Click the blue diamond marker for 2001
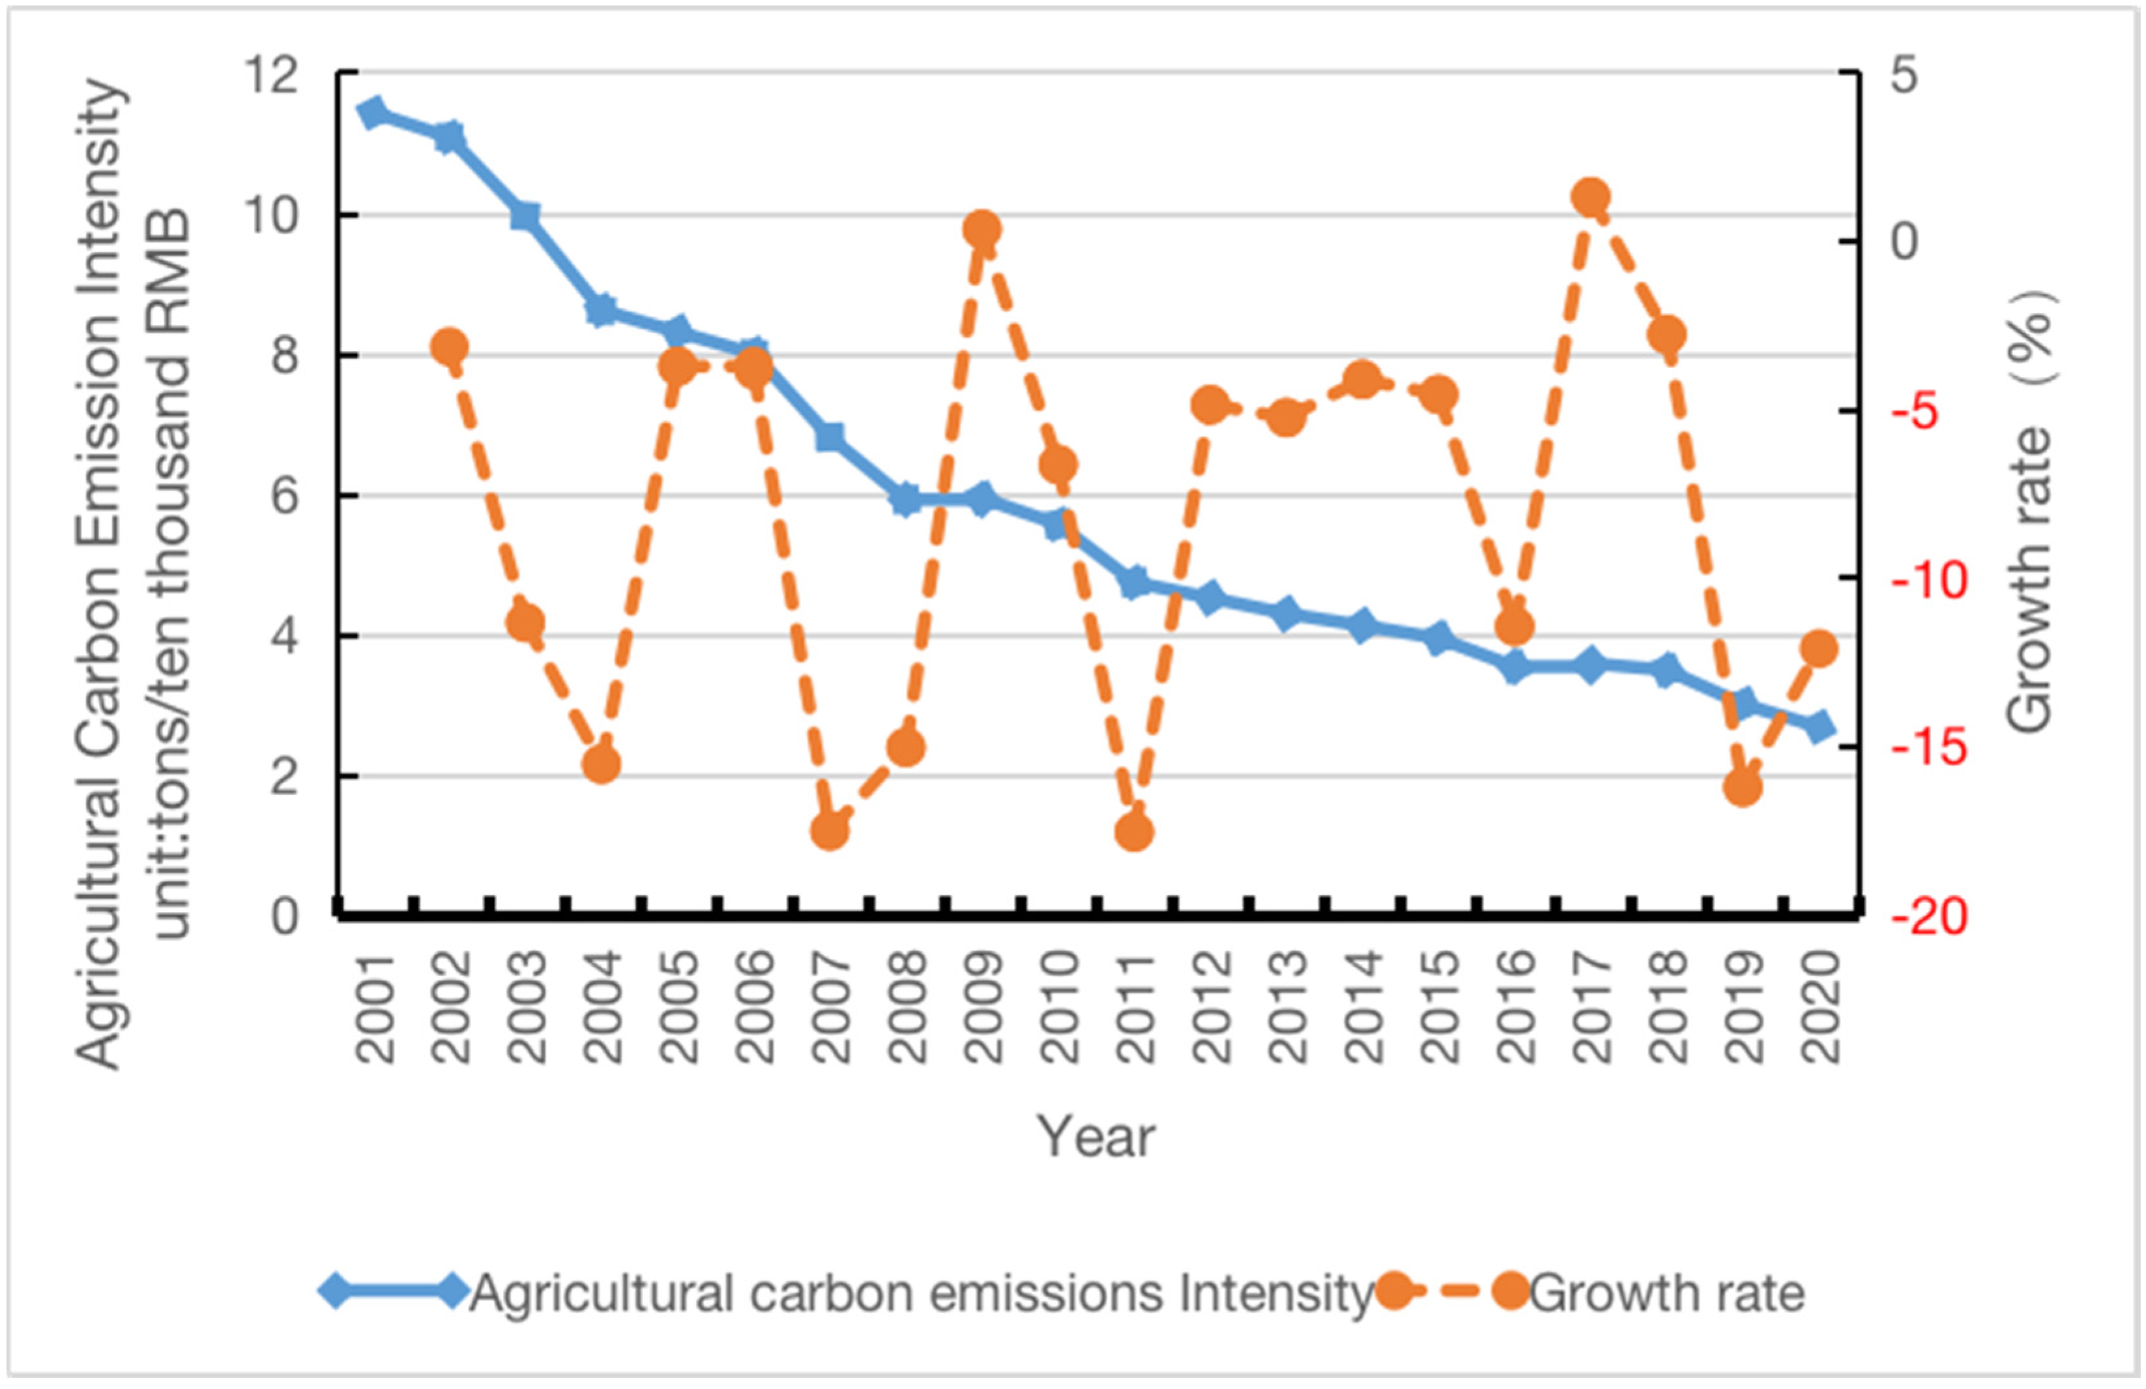point(372,113)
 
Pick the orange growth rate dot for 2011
point(1135,832)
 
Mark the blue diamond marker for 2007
point(830,437)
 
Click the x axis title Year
point(1096,1137)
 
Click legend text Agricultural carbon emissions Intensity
point(920,1293)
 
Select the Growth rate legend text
point(1666,1293)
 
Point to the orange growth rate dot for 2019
point(1742,788)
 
